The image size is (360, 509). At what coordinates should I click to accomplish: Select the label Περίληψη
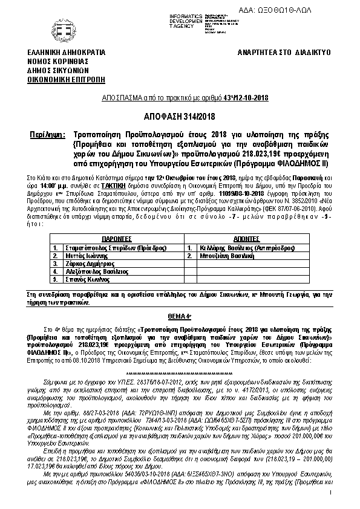click(45, 132)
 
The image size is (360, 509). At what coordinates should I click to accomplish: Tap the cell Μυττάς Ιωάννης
click(85, 256)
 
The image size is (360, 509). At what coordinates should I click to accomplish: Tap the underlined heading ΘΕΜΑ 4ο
click(180, 316)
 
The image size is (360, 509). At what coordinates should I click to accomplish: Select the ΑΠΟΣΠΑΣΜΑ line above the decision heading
click(180, 97)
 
